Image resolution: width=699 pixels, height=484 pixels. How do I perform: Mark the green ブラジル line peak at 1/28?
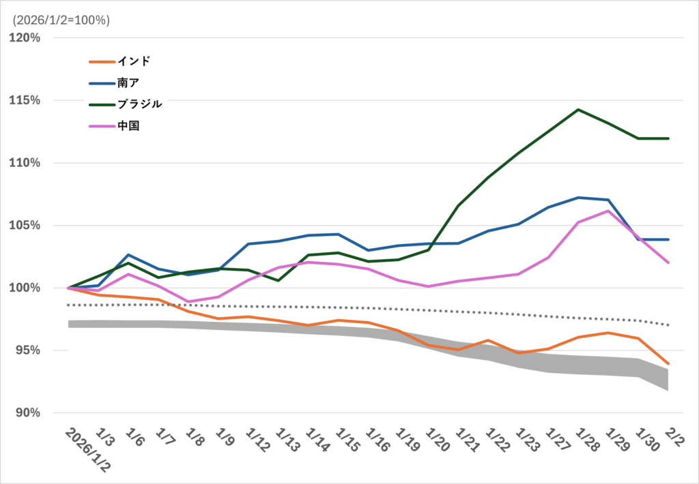tap(578, 109)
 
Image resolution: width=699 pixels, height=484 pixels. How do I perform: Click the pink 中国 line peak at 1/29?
tap(608, 211)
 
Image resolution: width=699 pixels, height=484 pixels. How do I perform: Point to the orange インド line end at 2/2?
tap(668, 363)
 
